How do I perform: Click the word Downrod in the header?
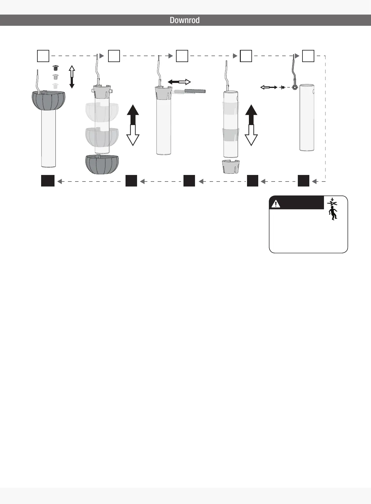[x=184, y=20]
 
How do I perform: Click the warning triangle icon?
[x=276, y=204]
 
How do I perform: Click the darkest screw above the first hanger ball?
[x=56, y=68]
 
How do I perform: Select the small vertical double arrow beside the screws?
[x=72, y=77]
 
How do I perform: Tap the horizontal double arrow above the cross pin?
[x=179, y=82]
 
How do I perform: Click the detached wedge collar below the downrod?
[x=231, y=167]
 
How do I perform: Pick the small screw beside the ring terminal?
[x=283, y=88]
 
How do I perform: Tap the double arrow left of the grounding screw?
[x=269, y=88]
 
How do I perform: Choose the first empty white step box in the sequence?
[x=43, y=56]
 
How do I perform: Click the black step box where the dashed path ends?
[x=48, y=181]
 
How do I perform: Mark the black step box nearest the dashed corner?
[x=303, y=181]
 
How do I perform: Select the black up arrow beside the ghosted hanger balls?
[x=133, y=114]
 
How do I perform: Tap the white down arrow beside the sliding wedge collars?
[x=251, y=135]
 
